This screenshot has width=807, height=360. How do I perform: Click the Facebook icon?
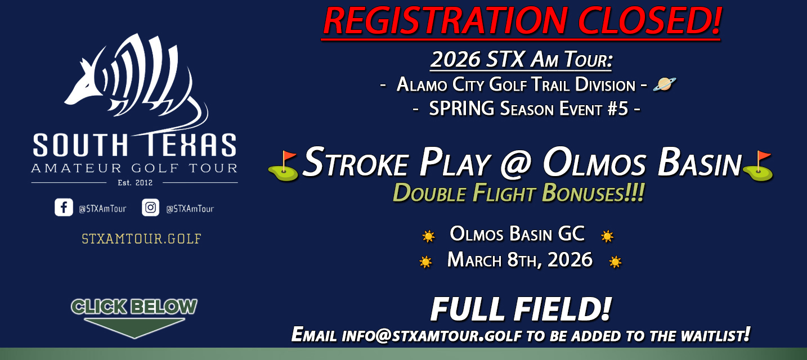64,208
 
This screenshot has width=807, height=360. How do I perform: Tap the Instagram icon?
150,208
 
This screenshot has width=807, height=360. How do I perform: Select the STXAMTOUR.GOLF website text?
141,238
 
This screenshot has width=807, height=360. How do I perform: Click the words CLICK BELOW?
134,307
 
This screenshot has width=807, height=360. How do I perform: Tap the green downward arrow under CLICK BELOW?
134,327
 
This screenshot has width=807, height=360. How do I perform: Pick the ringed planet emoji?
664,85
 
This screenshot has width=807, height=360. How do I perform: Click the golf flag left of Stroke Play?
283,165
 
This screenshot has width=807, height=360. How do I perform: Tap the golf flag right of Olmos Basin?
757,165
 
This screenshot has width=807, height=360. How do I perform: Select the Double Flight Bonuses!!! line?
518,193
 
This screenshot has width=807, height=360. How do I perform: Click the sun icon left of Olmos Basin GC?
429,236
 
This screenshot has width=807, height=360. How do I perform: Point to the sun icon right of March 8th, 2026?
615,262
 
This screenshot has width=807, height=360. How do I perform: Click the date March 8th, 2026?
519,260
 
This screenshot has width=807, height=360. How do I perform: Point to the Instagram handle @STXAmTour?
190,209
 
